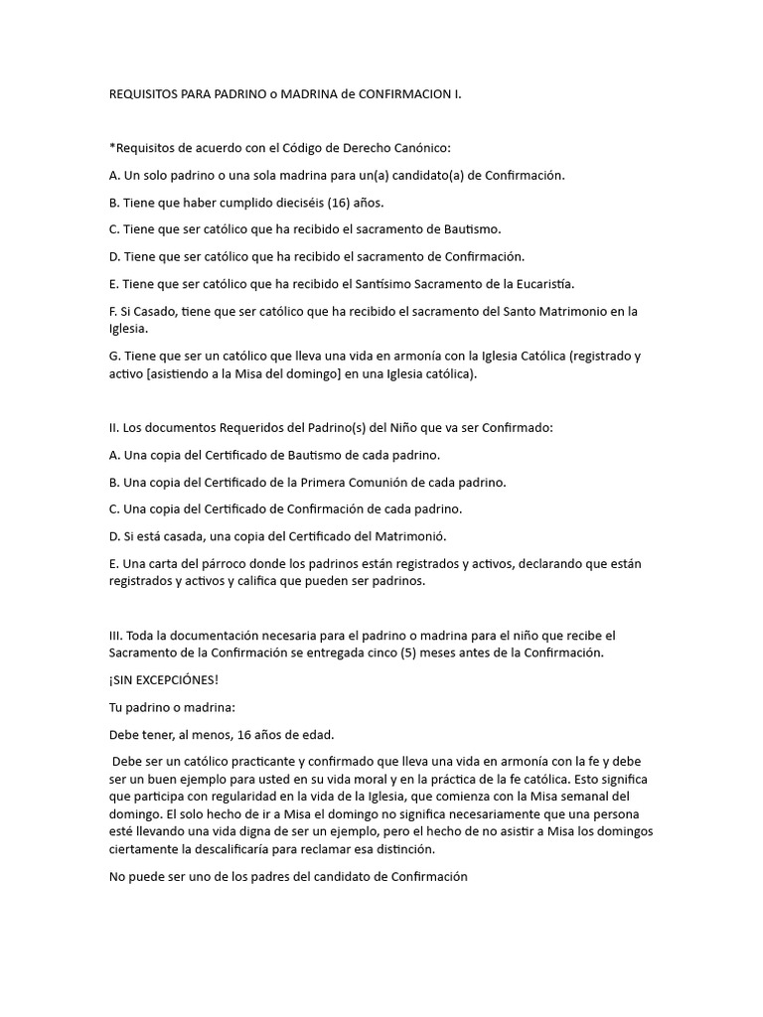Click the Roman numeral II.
tap(113, 428)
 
